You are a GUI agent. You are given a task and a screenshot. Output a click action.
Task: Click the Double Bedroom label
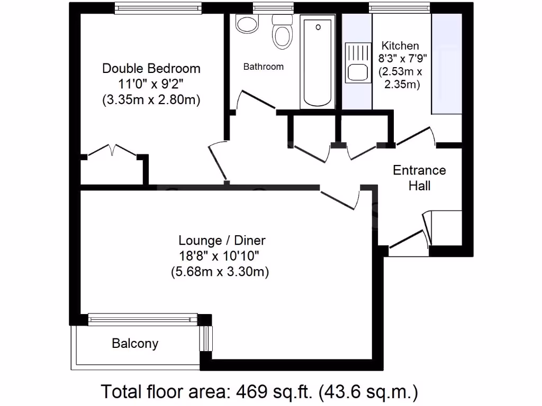(151, 69)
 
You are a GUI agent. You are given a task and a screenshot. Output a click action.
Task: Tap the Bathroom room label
(263, 67)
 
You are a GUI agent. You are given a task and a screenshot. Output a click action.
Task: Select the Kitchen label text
(400, 46)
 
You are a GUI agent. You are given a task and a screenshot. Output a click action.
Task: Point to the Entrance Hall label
(419, 178)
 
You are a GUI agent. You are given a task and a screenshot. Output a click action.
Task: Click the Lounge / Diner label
(222, 241)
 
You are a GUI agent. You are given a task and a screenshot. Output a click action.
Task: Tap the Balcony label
(135, 344)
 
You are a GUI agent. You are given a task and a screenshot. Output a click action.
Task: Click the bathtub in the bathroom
(318, 62)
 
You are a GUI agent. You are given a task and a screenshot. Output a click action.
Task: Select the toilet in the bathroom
(282, 32)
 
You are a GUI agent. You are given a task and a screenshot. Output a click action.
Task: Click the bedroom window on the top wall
(158, 8)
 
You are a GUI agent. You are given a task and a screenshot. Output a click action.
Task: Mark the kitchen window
(400, 8)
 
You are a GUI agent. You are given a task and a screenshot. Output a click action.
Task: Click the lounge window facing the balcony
(143, 319)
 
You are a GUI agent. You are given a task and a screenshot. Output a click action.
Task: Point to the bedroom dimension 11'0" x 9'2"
(151, 84)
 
